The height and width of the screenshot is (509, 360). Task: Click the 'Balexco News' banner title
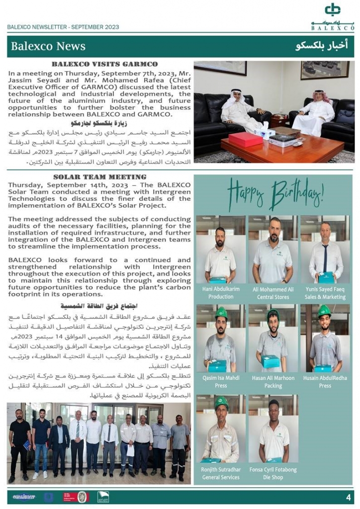click(48, 46)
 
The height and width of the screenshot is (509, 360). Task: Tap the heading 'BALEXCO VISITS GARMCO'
click(104, 64)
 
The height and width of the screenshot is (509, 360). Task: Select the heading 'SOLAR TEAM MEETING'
click(99, 177)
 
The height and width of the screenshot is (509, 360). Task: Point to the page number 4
click(348, 497)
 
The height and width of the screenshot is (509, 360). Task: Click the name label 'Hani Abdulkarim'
click(221, 289)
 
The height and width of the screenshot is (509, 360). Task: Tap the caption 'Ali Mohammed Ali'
click(273, 289)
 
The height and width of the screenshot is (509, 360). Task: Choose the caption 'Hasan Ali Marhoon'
click(273, 378)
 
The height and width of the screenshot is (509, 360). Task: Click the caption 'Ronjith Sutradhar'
click(221, 469)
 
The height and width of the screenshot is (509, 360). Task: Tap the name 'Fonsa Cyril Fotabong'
click(273, 469)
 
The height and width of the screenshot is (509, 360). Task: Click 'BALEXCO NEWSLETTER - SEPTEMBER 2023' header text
click(63, 27)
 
